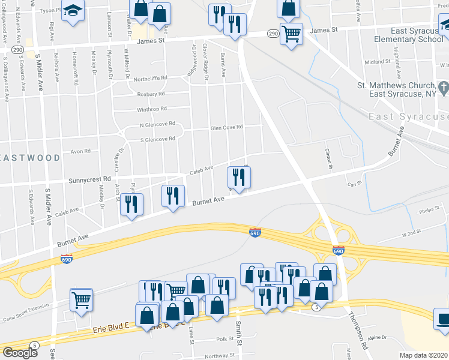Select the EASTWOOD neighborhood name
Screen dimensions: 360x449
coord(30,158)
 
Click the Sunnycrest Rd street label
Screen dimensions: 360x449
coord(90,179)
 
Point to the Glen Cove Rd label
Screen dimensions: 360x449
coord(226,127)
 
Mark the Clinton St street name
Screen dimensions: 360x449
coord(329,158)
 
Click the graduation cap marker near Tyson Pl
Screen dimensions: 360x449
coord(73,10)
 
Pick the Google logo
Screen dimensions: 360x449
coord(19,352)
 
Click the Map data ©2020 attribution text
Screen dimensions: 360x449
coord(424,355)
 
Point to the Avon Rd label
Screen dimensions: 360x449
coord(80,151)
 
